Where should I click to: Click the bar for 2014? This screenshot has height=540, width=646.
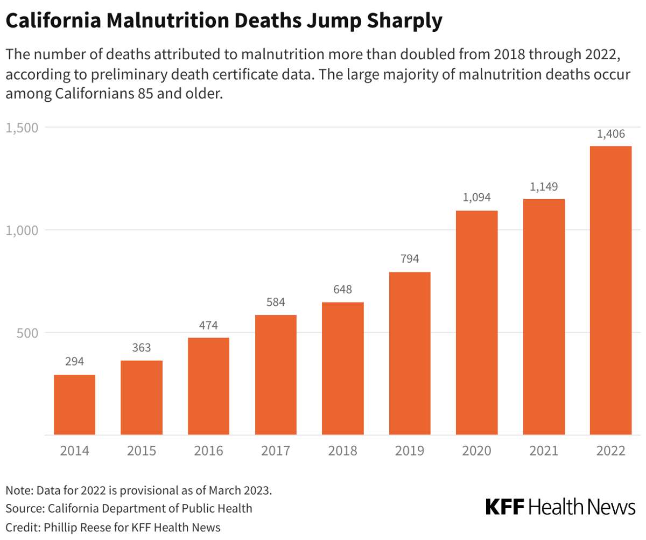74,404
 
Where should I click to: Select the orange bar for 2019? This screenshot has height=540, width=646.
410,353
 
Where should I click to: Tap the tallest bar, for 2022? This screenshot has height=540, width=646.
610,290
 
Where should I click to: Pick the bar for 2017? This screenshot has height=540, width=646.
276,375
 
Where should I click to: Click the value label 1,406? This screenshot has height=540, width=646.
610,135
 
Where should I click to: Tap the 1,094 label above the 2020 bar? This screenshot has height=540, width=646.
476,198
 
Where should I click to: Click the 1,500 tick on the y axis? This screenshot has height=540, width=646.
22,128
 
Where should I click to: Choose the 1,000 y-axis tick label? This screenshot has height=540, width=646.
22,230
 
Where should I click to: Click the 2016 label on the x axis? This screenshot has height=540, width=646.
208,451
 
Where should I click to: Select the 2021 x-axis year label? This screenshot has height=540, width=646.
544,451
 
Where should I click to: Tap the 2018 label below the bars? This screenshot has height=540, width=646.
342,451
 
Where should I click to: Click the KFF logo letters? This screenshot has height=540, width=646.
505,507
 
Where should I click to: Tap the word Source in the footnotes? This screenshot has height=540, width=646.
24,508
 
